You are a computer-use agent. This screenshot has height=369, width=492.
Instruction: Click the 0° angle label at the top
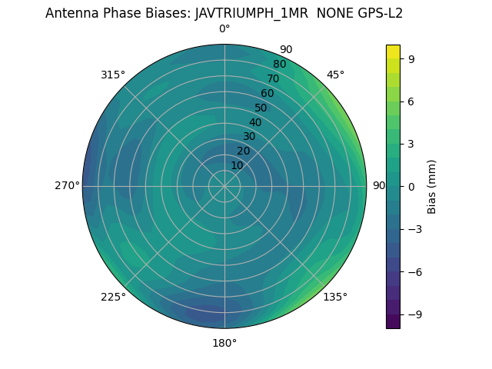point(224,29)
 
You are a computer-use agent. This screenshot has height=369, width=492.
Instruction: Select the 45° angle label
point(335,75)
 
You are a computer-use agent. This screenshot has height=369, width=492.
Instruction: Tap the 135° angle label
point(335,297)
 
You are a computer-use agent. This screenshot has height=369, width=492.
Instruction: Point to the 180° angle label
point(224,343)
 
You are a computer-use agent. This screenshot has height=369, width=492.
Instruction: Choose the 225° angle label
point(113,297)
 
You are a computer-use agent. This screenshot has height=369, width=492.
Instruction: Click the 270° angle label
point(67,185)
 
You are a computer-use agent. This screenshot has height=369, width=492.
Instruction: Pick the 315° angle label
point(113,75)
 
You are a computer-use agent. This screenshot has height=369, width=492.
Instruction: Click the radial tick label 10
point(238,165)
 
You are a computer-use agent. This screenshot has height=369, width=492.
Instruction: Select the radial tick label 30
point(249,136)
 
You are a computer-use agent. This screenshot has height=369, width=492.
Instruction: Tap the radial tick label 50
point(261,108)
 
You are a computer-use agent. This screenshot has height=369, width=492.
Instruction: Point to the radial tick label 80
point(280,64)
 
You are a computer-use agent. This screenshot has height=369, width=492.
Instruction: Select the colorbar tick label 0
point(412,186)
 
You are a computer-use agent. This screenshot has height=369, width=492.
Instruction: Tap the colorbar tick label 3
point(412,144)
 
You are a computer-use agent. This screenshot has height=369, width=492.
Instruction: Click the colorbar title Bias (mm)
point(432,186)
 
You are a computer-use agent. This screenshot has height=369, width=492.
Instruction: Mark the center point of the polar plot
point(224,186)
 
